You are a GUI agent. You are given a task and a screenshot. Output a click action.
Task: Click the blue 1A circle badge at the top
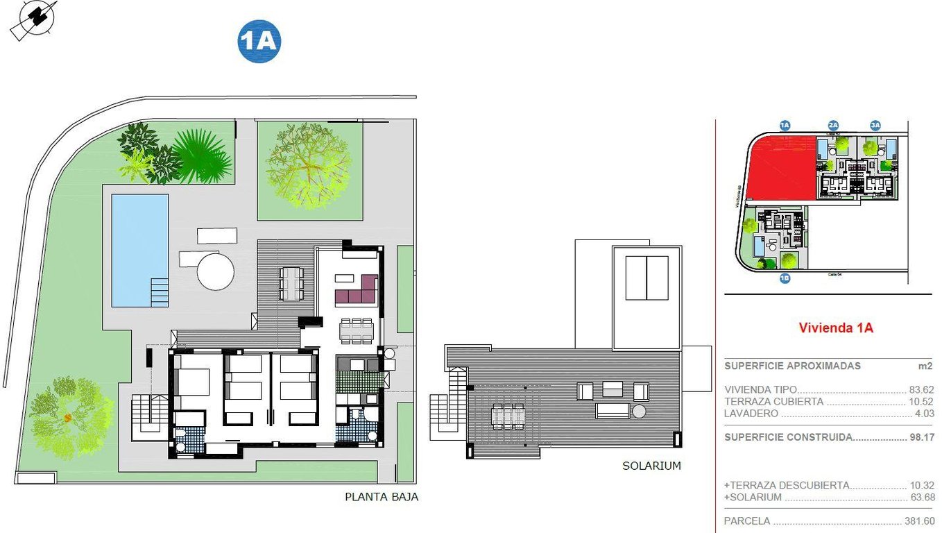point(259,42)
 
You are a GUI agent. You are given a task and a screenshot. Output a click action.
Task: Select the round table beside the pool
point(215,271)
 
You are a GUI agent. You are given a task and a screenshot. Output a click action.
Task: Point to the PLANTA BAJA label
point(382,497)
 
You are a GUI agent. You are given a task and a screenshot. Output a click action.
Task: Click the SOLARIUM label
point(651,466)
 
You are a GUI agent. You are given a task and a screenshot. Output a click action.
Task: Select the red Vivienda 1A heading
point(836,328)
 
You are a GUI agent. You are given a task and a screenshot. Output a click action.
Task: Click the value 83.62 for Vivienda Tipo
point(921,390)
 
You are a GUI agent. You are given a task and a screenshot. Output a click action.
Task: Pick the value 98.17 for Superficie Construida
point(921,437)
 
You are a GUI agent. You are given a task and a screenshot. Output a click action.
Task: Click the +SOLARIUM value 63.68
point(921,497)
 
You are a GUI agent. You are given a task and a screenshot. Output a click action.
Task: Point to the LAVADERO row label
point(751,414)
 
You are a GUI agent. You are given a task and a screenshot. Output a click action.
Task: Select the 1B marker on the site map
point(785,279)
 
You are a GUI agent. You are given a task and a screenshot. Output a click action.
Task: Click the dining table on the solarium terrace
point(508,416)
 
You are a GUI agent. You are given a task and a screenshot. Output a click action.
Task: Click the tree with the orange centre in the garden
point(68,417)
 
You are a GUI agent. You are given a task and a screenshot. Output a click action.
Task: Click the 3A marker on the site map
point(875,126)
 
